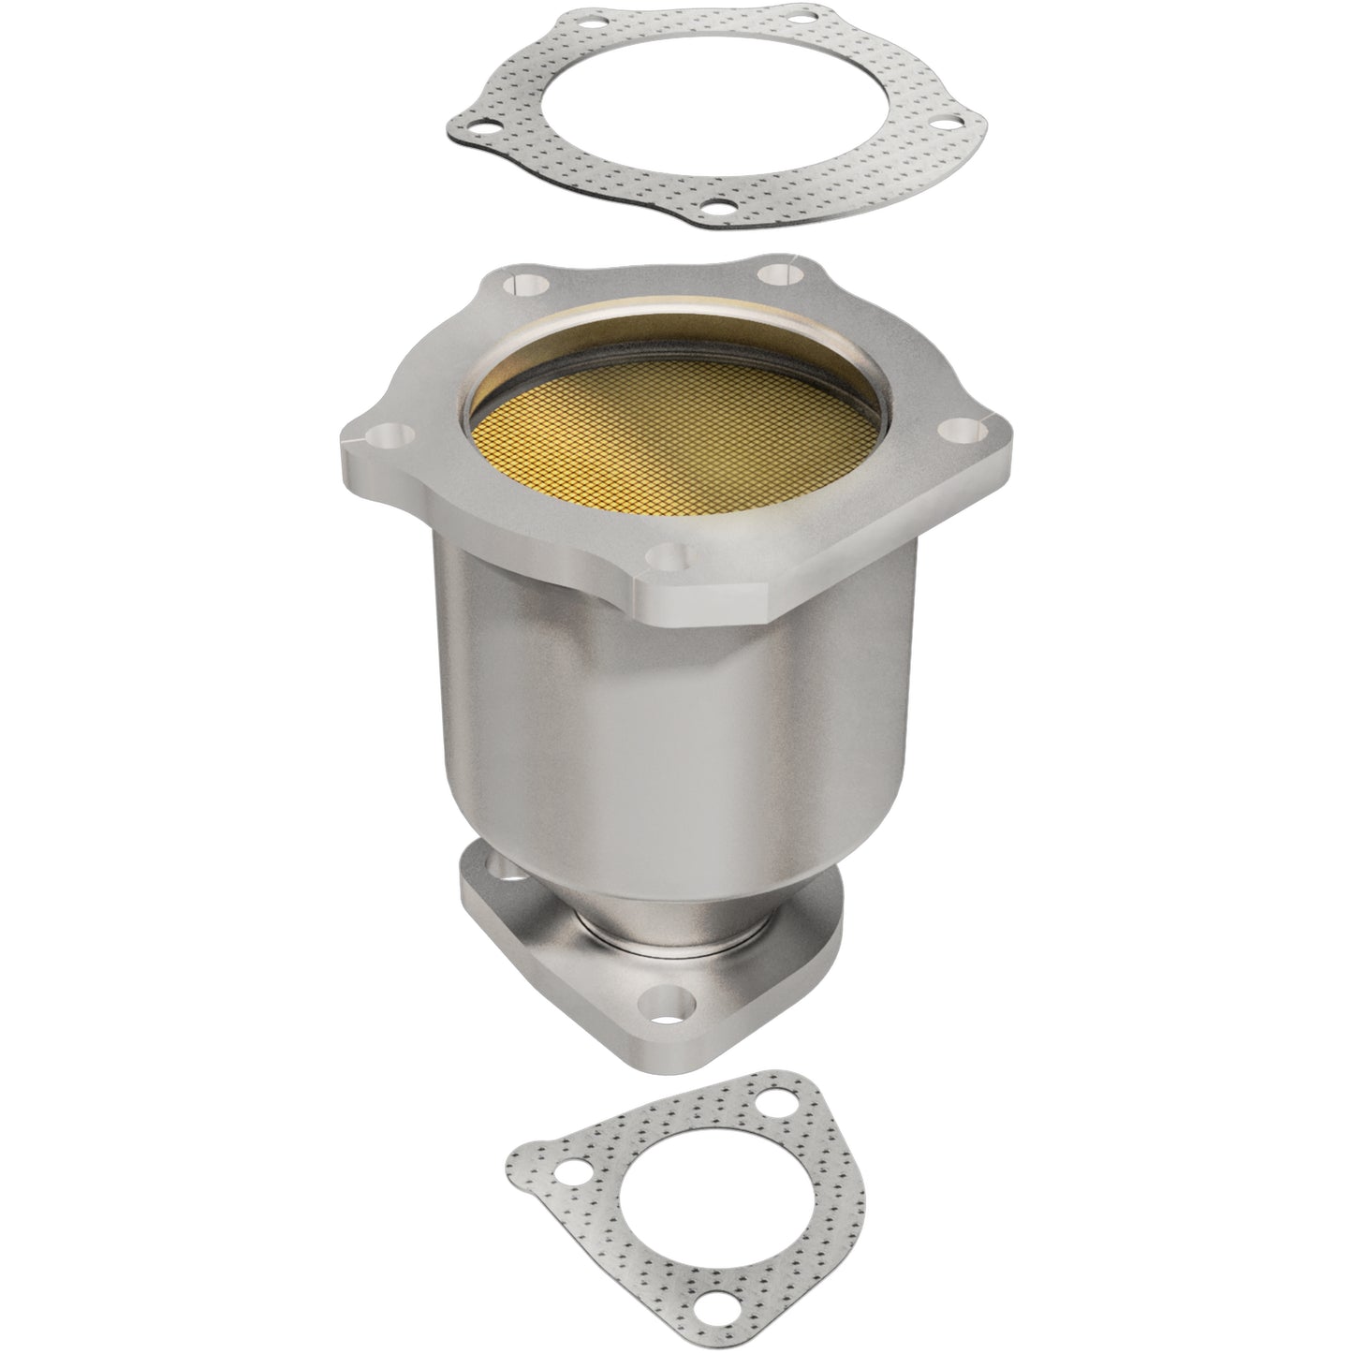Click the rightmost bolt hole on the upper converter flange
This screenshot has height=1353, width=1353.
(x=962, y=430)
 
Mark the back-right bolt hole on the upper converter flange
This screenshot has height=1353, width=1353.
(x=777, y=275)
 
